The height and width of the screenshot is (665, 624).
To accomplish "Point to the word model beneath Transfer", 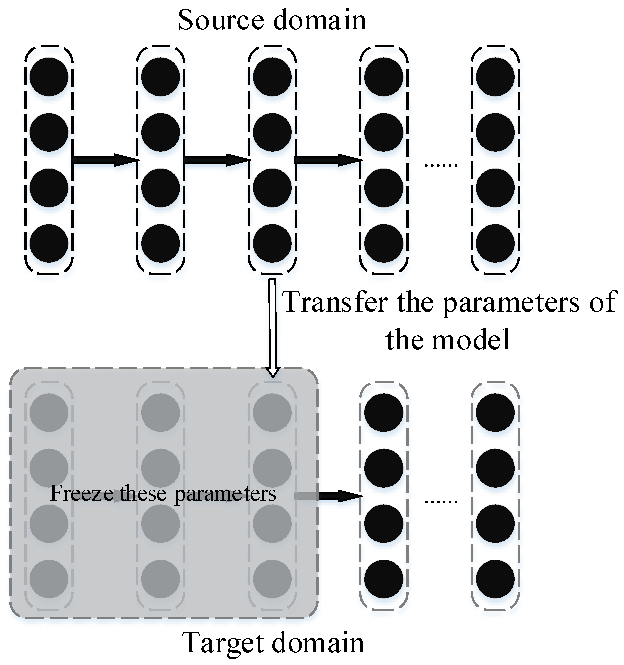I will [x=471, y=340].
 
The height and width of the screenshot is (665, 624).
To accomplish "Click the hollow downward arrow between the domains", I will [x=273, y=328].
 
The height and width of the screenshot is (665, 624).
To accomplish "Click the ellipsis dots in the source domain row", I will [x=440, y=164].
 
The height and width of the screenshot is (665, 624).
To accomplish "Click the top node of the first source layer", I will [x=49, y=77].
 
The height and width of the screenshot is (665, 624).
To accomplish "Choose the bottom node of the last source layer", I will [x=495, y=244].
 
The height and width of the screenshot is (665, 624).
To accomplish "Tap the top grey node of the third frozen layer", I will [x=272, y=412].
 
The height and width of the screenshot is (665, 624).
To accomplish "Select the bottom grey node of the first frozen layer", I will [x=49, y=579].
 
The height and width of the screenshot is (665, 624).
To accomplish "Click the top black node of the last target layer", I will [x=495, y=412].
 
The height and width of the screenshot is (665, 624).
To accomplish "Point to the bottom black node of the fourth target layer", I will [x=383, y=579].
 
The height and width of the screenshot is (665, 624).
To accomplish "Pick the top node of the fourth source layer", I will [x=383, y=77].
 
